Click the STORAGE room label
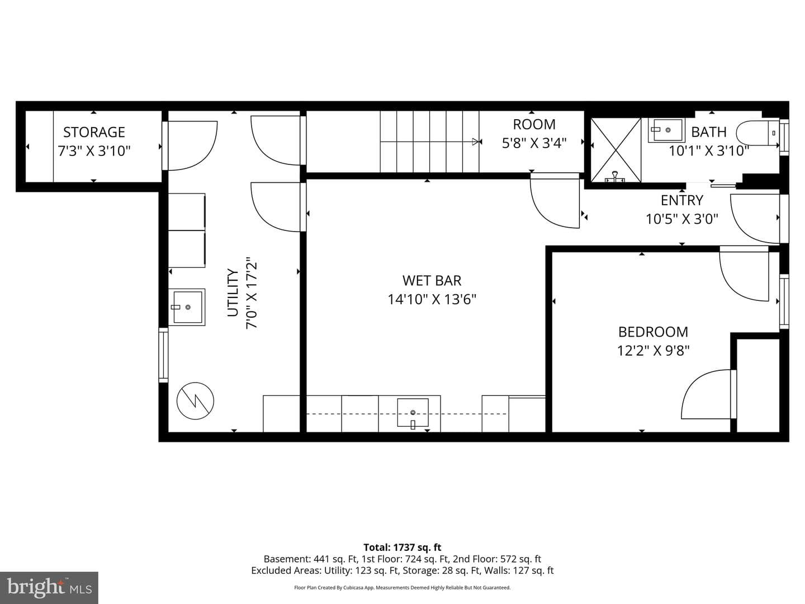tap(94, 132)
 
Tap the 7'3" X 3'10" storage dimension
tap(94, 151)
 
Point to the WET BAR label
tap(432, 281)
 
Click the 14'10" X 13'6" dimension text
tap(432, 300)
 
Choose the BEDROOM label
tap(653, 332)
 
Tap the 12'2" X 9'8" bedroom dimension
tap(653, 351)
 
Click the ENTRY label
tap(682, 200)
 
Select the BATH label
tap(708, 132)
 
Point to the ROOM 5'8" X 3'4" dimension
tap(534, 143)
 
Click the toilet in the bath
tap(757, 133)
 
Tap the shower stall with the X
tap(616, 150)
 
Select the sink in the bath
tap(666, 130)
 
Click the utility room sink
tap(187, 307)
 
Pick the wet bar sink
tap(413, 413)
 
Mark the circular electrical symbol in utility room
tap(195, 401)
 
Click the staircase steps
tap(429, 141)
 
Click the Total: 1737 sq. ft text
tap(402, 548)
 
